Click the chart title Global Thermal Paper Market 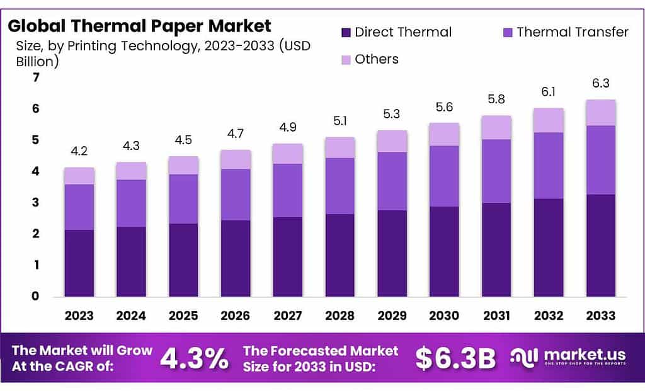140,26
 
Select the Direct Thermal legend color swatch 346,32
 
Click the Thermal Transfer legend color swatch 508,32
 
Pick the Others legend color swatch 346,59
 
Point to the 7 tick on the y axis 36,77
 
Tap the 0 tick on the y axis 36,296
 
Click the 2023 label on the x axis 79,315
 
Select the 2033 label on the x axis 600,315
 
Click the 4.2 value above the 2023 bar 79,152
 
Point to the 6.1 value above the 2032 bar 548,92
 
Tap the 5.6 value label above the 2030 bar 444,107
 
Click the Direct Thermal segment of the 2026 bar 236,258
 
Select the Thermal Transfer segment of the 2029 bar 392,181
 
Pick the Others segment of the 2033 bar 600,113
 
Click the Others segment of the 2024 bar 131,171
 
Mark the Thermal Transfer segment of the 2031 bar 496,171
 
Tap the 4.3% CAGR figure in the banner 194,358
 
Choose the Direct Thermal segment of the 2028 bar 340,255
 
